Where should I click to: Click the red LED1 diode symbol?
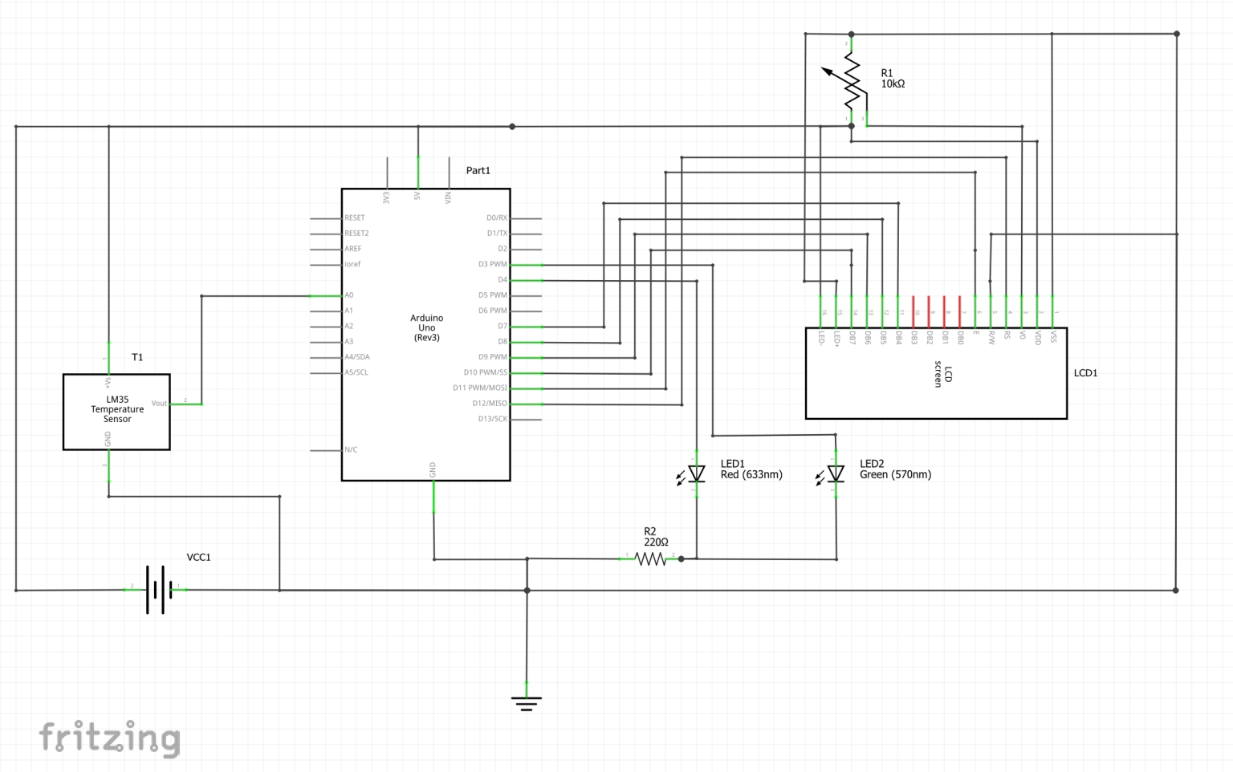point(696,474)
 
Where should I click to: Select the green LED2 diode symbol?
point(836,474)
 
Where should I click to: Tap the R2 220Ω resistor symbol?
point(651,559)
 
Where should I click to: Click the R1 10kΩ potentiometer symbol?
point(851,81)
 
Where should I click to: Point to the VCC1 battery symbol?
point(158,590)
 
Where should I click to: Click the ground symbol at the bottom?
point(527,703)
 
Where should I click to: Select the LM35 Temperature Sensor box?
point(116,411)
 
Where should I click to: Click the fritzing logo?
point(110,737)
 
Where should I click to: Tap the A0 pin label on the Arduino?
point(349,295)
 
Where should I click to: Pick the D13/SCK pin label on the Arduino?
point(492,419)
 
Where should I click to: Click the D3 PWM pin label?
point(492,264)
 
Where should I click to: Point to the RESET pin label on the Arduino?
point(355,217)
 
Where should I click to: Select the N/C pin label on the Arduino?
point(351,449)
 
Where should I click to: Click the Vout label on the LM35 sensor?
point(159,404)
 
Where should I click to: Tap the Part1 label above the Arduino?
point(478,170)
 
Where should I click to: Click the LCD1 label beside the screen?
point(1085,373)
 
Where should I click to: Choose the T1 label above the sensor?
point(137,357)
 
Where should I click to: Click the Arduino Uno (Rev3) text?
point(426,327)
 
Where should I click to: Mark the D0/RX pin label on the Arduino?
point(497,217)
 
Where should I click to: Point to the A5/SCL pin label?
point(356,372)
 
